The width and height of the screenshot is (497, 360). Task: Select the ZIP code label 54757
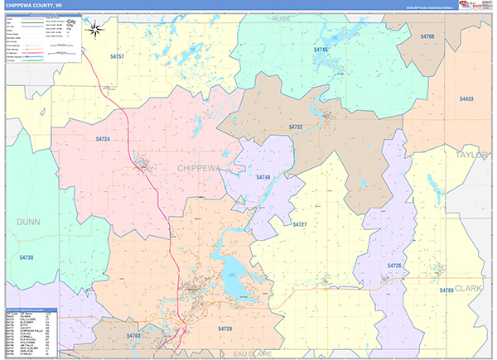[116, 57]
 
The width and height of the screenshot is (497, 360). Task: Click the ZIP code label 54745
[321, 50]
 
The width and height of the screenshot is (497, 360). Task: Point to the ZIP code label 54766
[427, 37]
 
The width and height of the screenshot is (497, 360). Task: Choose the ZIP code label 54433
[466, 99]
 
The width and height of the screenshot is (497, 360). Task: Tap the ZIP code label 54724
[103, 139]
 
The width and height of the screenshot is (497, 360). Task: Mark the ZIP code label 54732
[296, 127]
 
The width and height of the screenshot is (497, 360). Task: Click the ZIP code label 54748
[263, 178]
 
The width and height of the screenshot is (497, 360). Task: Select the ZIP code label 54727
[300, 225]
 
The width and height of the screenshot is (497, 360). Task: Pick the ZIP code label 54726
[394, 266]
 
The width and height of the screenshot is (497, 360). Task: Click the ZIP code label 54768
[446, 290]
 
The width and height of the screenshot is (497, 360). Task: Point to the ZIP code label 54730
[27, 257]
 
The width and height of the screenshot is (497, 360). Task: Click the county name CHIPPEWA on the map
[199, 168]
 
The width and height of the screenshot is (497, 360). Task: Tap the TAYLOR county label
[472, 155]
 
